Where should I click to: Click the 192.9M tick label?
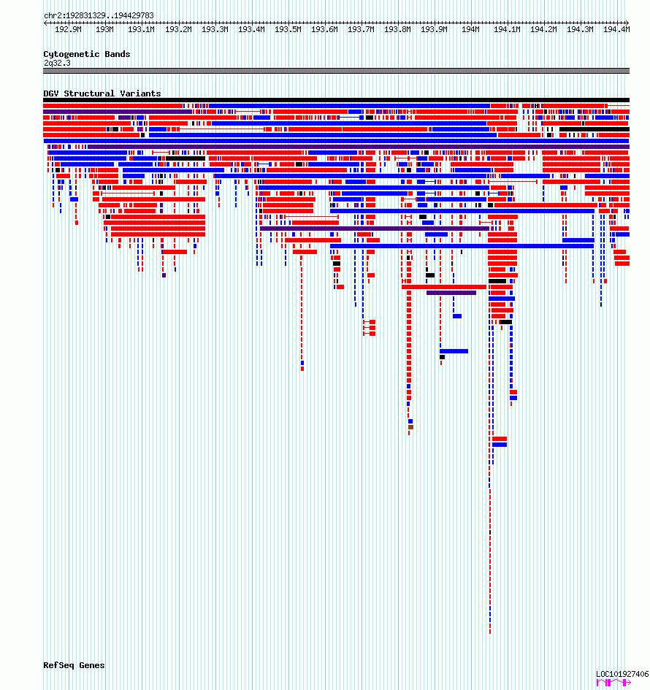pyautogui.click(x=68, y=30)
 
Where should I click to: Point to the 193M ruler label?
pyautogui.click(x=104, y=30)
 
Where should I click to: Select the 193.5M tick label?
pyautogui.click(x=288, y=30)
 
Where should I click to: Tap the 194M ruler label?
pyautogui.click(x=470, y=30)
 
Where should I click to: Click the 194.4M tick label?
pyautogui.click(x=616, y=30)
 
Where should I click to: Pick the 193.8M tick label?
pyautogui.click(x=397, y=30)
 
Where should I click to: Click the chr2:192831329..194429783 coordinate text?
pyautogui.click(x=99, y=15)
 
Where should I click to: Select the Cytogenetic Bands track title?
pyautogui.click(x=86, y=54)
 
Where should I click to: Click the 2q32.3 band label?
pyautogui.click(x=57, y=63)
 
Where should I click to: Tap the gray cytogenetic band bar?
pyautogui.click(x=336, y=71)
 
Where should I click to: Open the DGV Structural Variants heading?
pyautogui.click(x=102, y=93)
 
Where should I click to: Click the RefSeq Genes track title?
pyautogui.click(x=74, y=665)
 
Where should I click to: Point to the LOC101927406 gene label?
pyautogui.click(x=622, y=674)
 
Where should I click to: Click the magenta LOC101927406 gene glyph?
pyautogui.click(x=613, y=682)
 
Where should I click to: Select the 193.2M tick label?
pyautogui.click(x=178, y=30)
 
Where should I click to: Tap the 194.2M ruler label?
pyautogui.click(x=543, y=30)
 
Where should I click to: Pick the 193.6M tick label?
pyautogui.click(x=324, y=30)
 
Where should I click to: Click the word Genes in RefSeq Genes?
pyautogui.click(x=92, y=665)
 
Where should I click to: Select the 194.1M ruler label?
pyautogui.click(x=507, y=30)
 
